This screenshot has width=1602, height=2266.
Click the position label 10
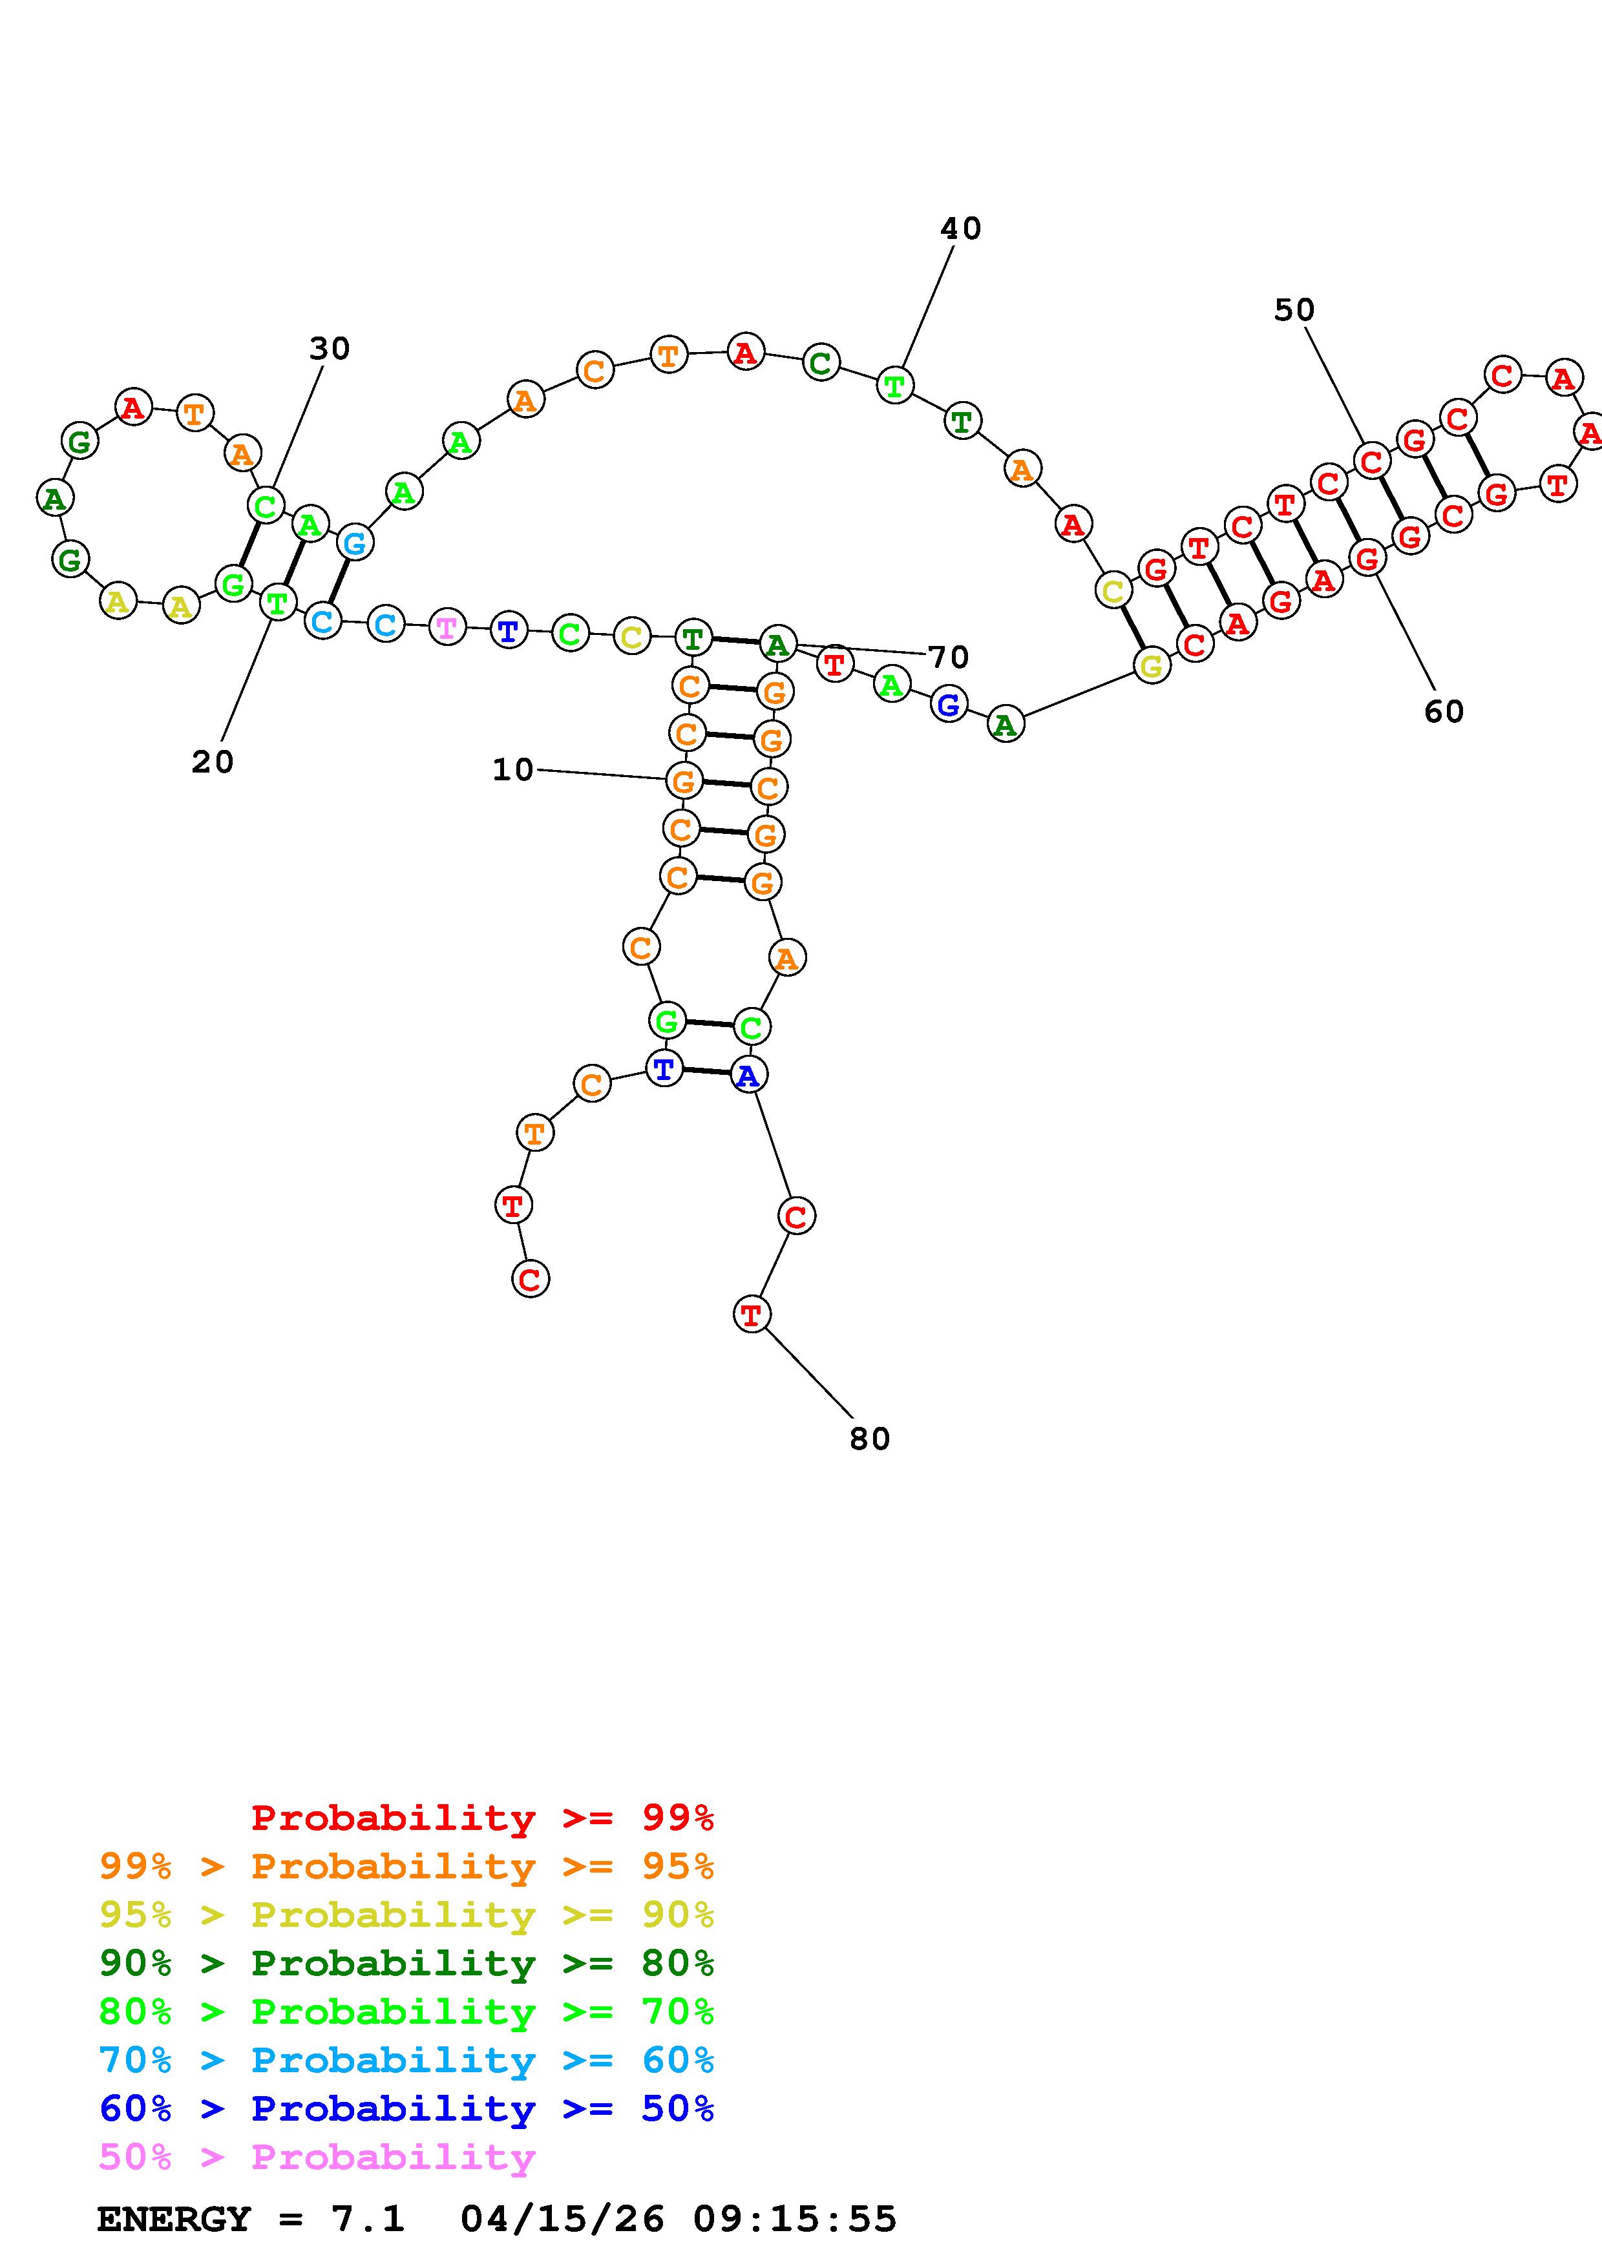[x=512, y=770]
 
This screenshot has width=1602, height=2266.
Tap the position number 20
[x=212, y=762]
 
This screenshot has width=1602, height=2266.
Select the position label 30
[x=330, y=348]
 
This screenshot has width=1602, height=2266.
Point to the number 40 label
[x=960, y=229]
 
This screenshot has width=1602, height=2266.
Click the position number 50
[x=1294, y=311]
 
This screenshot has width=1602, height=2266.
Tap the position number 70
[x=949, y=658]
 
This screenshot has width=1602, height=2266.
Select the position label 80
[x=870, y=1439]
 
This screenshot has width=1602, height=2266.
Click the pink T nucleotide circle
[x=447, y=628]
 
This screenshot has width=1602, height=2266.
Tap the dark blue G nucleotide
[x=949, y=705]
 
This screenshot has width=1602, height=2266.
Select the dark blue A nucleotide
[x=748, y=1076]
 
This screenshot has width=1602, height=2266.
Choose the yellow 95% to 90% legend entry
[x=406, y=1915]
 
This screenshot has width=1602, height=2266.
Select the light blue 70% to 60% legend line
[x=406, y=2060]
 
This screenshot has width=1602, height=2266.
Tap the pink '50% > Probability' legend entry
[x=317, y=2156]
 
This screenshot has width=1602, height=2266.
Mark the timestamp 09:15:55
[x=795, y=2219]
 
